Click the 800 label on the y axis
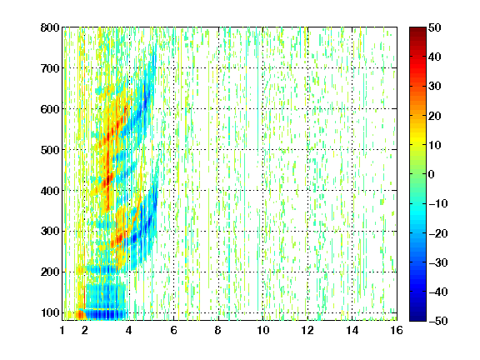click(50, 27)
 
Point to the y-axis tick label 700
click(50, 68)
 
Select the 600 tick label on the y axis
click(50, 109)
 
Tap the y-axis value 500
click(50, 150)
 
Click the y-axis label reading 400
click(50, 191)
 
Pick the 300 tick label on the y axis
click(50, 232)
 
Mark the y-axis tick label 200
click(50, 272)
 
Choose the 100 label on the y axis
click(50, 312)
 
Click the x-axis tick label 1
click(62, 330)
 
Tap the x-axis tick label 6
click(174, 330)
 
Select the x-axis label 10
click(263, 330)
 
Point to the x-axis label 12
click(307, 330)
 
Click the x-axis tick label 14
click(352, 330)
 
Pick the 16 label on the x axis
click(397, 330)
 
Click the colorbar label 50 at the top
click(435, 27)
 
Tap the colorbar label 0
click(431, 174)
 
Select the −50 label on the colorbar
click(438, 321)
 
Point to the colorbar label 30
click(435, 87)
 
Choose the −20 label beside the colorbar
click(438, 233)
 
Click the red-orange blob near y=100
click(81, 315)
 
